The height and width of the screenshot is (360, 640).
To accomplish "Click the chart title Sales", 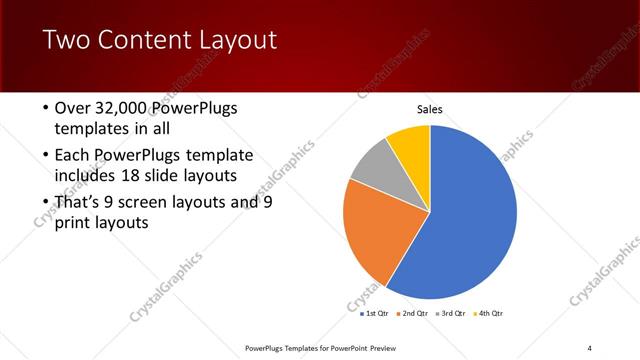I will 430,110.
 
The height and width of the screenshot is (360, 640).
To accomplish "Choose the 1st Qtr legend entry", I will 377,313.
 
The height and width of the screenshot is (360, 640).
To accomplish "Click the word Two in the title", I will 67,40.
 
